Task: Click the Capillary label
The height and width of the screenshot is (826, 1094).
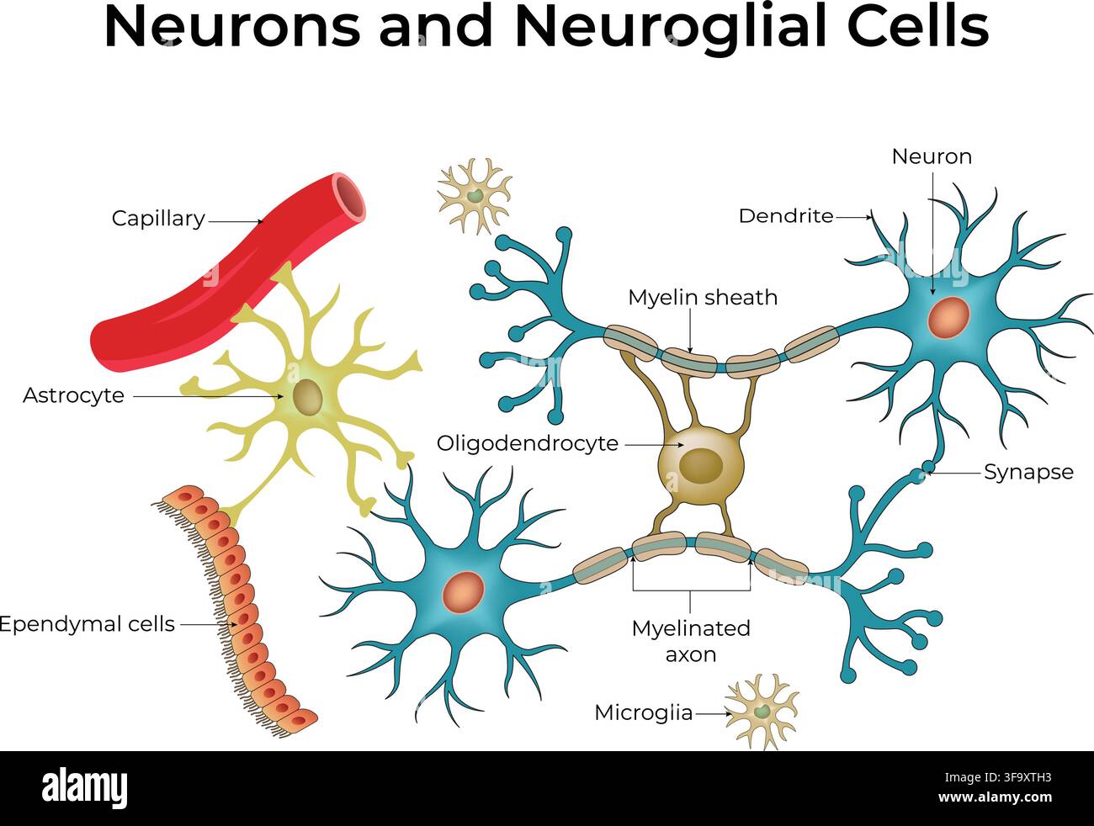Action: (158, 219)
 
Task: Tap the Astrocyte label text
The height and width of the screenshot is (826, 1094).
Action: (73, 395)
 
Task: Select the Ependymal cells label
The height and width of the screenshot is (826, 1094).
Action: (88, 624)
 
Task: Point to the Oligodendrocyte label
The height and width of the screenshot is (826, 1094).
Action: (528, 443)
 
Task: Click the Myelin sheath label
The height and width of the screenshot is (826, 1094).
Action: (703, 298)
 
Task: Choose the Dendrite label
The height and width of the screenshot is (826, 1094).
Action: (786, 216)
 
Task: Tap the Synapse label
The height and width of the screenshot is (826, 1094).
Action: (1028, 472)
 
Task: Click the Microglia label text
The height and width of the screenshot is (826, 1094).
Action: (644, 713)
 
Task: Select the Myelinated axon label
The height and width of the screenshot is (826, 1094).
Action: (691, 641)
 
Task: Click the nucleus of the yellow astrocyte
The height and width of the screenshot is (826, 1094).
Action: (307, 396)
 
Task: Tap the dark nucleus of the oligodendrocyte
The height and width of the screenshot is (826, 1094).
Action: (701, 466)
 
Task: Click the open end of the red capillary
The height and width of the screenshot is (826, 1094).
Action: (350, 196)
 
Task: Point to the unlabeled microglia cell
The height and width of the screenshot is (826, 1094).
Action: (474, 196)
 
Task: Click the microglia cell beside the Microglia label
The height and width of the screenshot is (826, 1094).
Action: (762, 712)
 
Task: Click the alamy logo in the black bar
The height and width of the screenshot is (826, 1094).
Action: (84, 789)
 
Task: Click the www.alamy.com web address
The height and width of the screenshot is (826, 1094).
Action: (995, 797)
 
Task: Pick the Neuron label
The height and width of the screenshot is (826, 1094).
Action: (932, 157)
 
